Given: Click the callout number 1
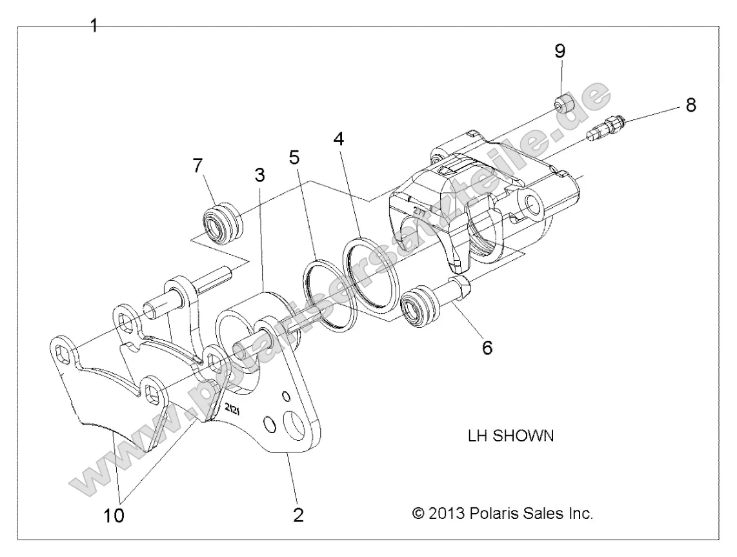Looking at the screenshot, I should pos(94,26).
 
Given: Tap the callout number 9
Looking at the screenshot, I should pos(560,50).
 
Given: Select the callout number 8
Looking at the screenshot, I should pos(691,105).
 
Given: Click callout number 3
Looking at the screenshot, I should pos(259,174).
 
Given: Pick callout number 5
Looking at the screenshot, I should pos(294,157).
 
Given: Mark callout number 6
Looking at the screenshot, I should pos(487,348).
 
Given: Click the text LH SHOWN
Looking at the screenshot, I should pos(510,436).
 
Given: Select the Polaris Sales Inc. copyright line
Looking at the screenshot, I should pos(502,514).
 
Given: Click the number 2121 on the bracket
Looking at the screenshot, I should pos(235,410).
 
